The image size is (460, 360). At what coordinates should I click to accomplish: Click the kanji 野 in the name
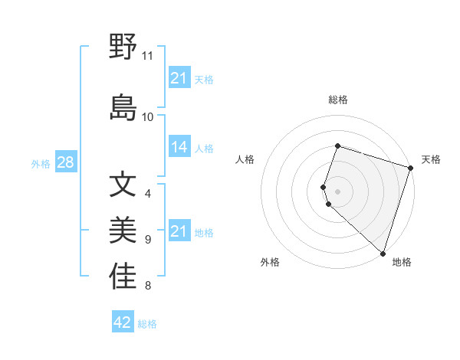(x=123, y=47)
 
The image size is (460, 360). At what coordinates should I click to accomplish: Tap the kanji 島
(x=123, y=107)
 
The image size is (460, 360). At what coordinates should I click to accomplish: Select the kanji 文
(x=123, y=185)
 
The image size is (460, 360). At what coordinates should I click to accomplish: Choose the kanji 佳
(x=123, y=277)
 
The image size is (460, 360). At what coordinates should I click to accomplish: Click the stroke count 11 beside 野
(x=148, y=56)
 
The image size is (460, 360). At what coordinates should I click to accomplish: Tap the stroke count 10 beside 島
(x=148, y=116)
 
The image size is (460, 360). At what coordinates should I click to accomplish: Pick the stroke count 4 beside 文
(x=148, y=194)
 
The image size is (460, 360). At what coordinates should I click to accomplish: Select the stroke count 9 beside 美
(x=148, y=240)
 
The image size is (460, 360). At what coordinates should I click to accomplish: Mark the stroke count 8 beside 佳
(x=148, y=286)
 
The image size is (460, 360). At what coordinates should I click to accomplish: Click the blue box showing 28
(x=65, y=162)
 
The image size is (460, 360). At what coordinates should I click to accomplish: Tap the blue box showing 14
(x=179, y=147)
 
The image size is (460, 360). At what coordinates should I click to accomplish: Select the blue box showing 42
(x=123, y=322)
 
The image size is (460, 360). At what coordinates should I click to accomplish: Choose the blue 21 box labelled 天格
(x=179, y=78)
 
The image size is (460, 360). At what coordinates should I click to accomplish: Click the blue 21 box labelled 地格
(x=179, y=231)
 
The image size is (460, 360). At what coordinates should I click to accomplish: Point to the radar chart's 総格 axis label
(x=338, y=100)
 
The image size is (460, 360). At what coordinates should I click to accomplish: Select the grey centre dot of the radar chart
(x=338, y=191)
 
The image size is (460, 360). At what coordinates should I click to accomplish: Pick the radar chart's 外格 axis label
(x=270, y=262)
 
